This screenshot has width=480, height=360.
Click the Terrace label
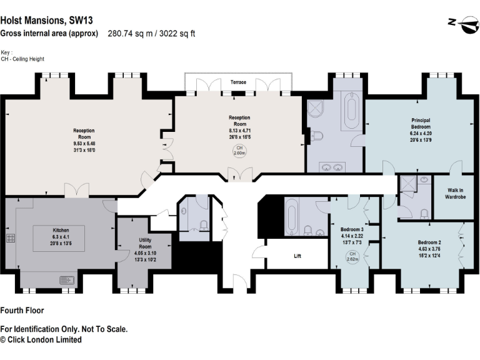[238, 82]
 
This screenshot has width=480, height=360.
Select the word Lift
[297, 255]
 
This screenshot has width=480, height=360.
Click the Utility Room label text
[144, 243]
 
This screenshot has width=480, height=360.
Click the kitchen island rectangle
[60, 233]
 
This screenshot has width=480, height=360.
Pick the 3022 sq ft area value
[177, 34]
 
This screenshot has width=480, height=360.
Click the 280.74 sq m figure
[128, 34]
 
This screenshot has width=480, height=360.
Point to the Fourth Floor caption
[22, 310]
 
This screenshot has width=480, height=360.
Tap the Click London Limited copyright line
[41, 339]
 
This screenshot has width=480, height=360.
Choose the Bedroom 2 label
[429, 241]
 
